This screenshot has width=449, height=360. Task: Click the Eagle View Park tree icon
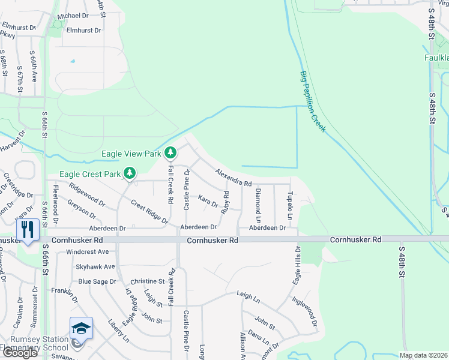170,153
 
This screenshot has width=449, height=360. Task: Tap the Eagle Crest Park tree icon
129,174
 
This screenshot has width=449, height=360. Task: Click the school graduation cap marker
81,328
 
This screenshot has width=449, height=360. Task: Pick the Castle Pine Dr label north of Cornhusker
186,190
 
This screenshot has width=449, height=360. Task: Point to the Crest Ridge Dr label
149,212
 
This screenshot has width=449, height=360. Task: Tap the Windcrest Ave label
87,252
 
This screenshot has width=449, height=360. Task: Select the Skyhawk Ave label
95,266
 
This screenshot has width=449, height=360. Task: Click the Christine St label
147,281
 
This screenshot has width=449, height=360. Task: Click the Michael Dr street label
73,16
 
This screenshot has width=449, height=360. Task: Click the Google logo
19,353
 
